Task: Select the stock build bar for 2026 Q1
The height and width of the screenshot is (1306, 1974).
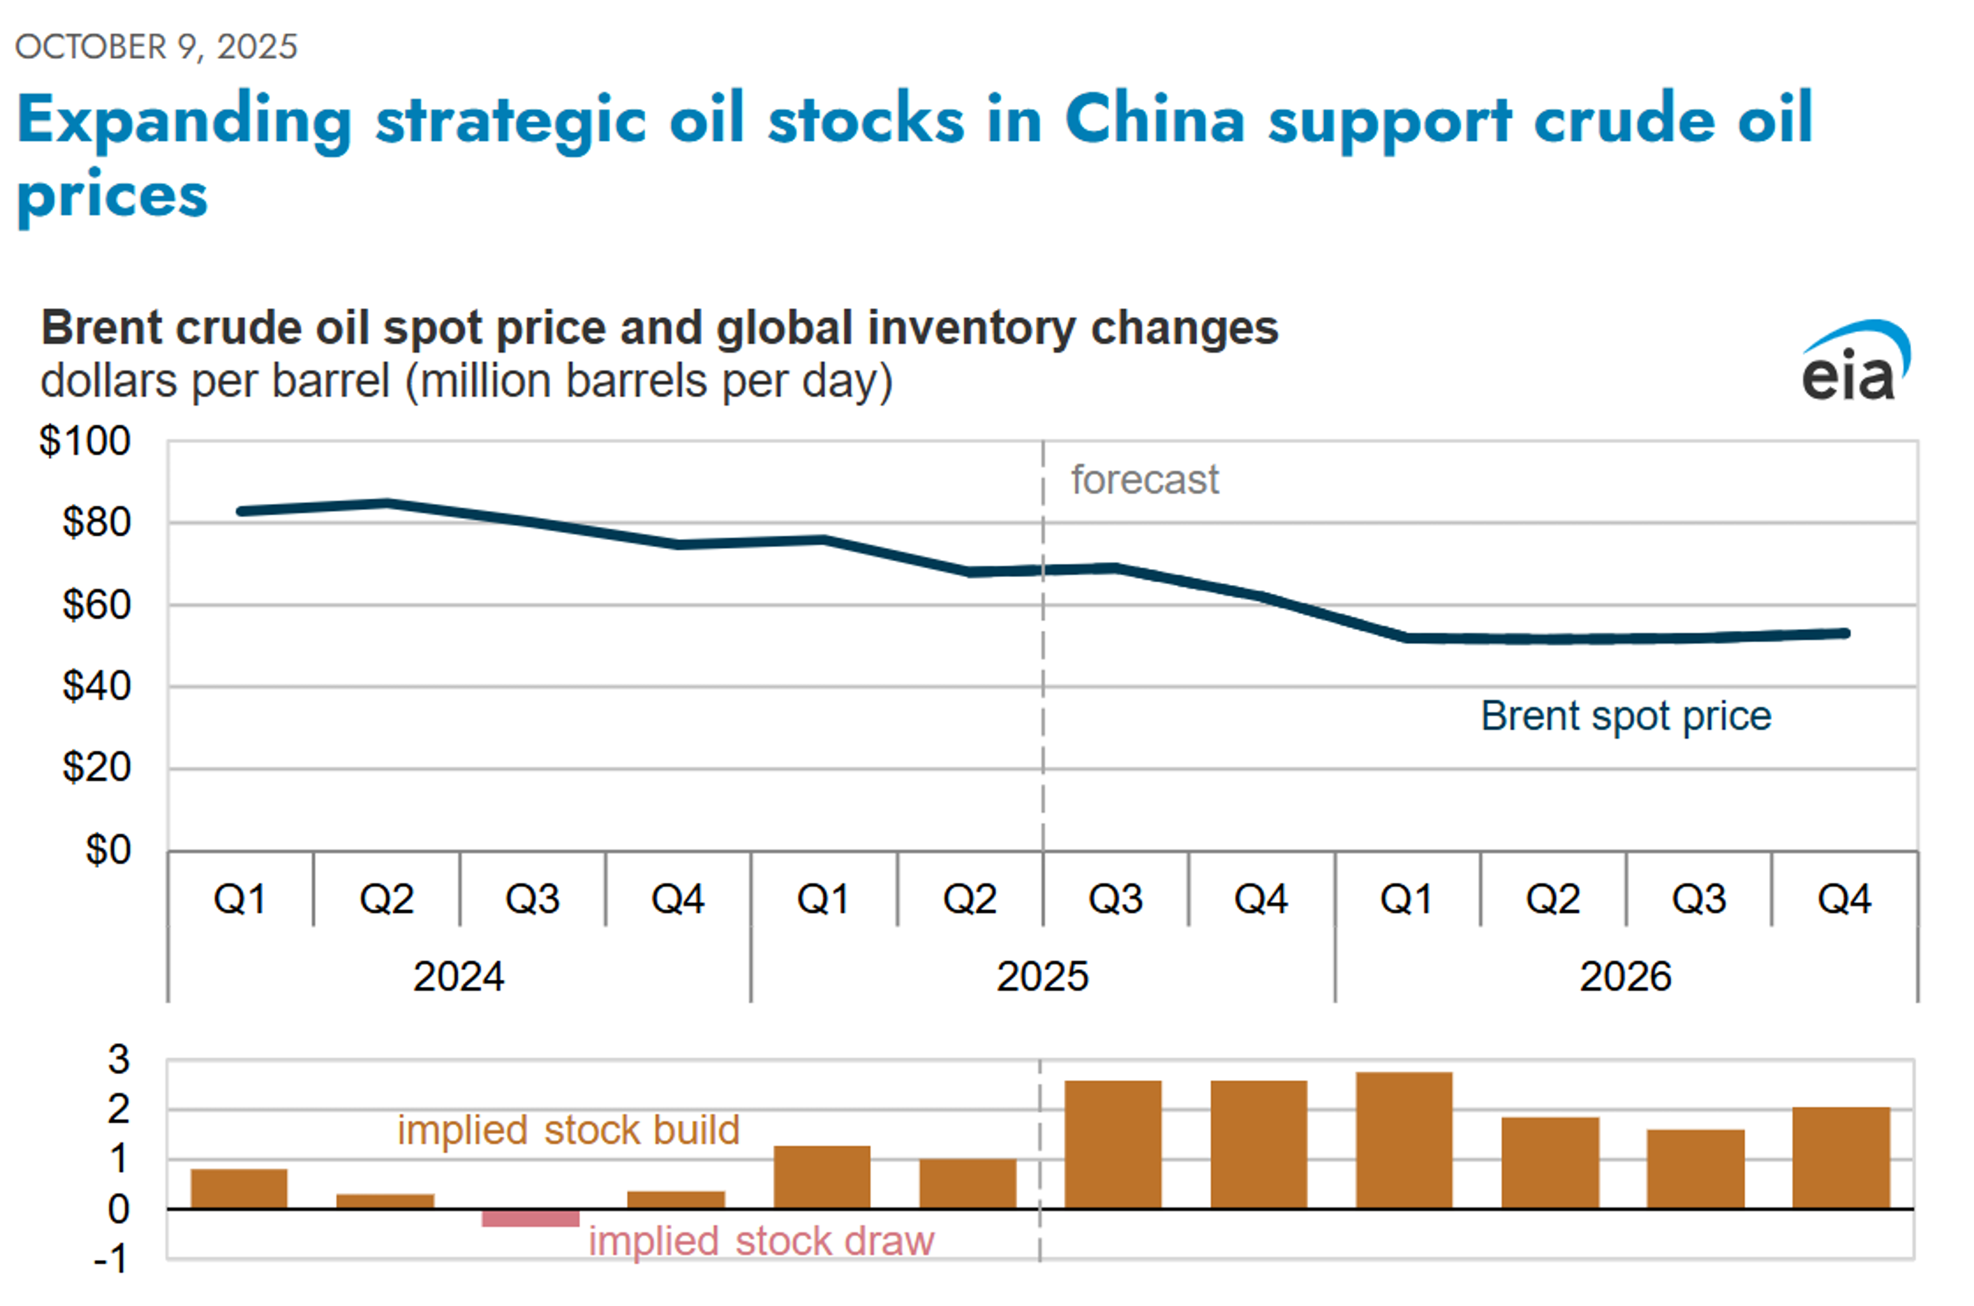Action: (x=1404, y=1139)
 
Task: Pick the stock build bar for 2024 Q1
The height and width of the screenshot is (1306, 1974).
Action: (x=239, y=1189)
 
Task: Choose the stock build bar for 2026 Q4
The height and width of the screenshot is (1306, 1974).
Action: (x=1841, y=1158)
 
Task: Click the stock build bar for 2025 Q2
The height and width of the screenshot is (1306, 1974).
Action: (x=968, y=1183)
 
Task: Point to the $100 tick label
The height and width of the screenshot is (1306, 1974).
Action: (x=85, y=440)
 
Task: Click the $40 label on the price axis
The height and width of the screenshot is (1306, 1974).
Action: (x=97, y=686)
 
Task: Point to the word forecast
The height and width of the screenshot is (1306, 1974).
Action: (x=1144, y=480)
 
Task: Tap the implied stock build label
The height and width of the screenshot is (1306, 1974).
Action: (x=568, y=1130)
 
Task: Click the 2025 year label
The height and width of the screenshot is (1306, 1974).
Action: (x=1042, y=976)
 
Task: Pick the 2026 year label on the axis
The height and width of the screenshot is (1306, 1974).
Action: (x=1625, y=976)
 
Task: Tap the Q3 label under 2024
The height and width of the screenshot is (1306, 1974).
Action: (x=532, y=899)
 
